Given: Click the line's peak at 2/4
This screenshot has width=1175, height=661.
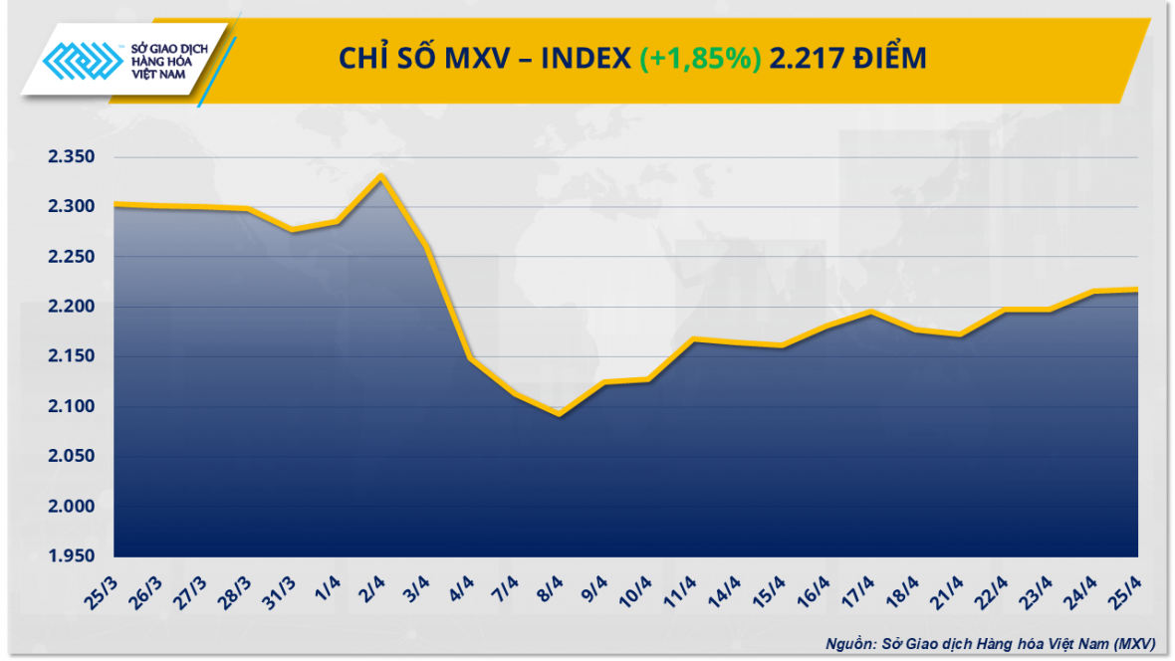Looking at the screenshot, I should coord(381,176).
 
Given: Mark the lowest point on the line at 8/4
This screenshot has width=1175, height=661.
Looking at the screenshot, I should coord(560,413).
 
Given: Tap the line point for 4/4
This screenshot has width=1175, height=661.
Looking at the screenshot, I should coord(470,357).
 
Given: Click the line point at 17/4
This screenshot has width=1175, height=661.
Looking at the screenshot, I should coord(871,313).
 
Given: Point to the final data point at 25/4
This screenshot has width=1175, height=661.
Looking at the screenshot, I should coord(1137,290).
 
